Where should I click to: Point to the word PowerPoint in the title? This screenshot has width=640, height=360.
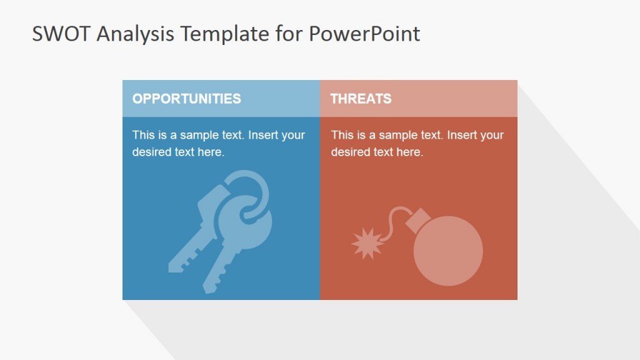[x=364, y=34]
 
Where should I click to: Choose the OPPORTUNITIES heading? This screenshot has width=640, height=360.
[x=186, y=99]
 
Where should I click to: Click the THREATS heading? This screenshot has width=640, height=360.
[x=361, y=99]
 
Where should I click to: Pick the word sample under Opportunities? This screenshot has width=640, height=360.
[x=197, y=135]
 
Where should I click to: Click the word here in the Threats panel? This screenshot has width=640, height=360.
[x=409, y=152]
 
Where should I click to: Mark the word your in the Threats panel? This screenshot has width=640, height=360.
[x=492, y=135]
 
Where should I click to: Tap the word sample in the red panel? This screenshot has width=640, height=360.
[x=396, y=135]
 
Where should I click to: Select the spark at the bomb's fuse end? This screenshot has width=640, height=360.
[x=367, y=243]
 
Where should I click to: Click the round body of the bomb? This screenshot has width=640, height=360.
[x=448, y=251]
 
